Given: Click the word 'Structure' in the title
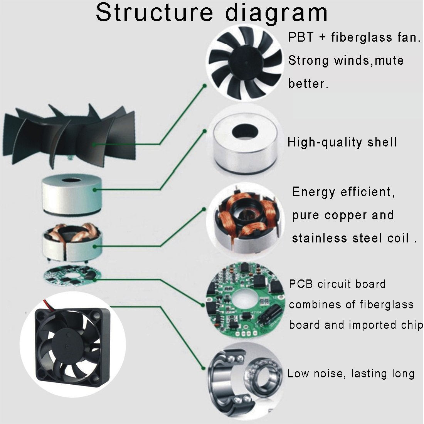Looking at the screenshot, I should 154,12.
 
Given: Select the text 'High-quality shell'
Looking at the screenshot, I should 342,142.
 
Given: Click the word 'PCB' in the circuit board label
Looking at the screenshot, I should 301,284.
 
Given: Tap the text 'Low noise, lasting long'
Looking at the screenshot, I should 351,374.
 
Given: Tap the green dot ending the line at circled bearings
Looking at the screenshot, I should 204,368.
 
